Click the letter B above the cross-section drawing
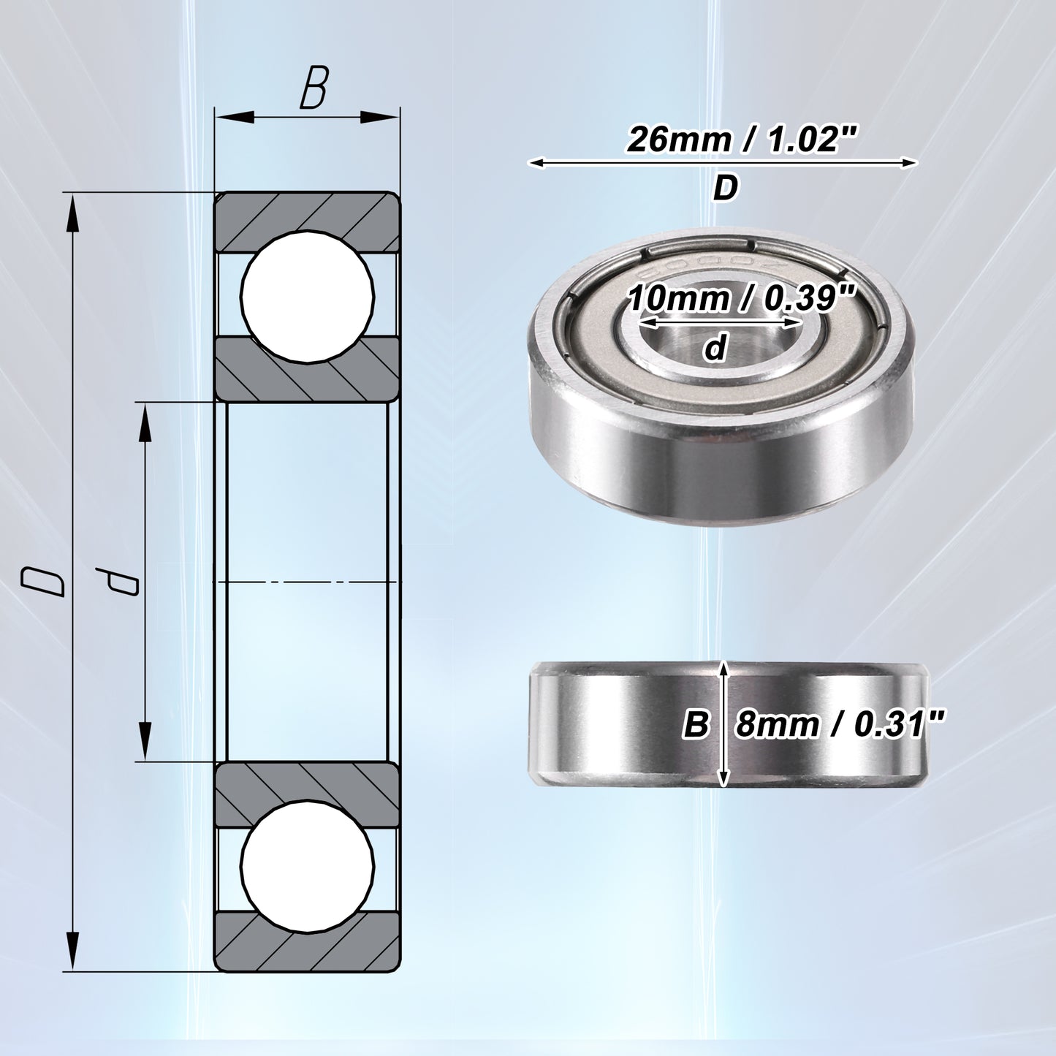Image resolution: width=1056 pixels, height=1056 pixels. pos(314,88)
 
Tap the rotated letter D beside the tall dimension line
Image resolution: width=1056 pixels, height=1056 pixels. pos(42,582)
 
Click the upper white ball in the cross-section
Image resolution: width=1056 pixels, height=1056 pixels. pos(308,295)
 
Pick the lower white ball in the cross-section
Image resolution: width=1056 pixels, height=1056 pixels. pos(308,867)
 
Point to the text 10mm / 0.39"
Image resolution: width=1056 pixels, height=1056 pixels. pos(740,299)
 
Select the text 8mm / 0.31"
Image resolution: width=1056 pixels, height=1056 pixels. pos(840,725)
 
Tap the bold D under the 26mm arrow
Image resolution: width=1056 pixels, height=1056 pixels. pos(725,189)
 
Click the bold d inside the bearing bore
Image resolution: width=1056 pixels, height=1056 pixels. pos(715,348)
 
